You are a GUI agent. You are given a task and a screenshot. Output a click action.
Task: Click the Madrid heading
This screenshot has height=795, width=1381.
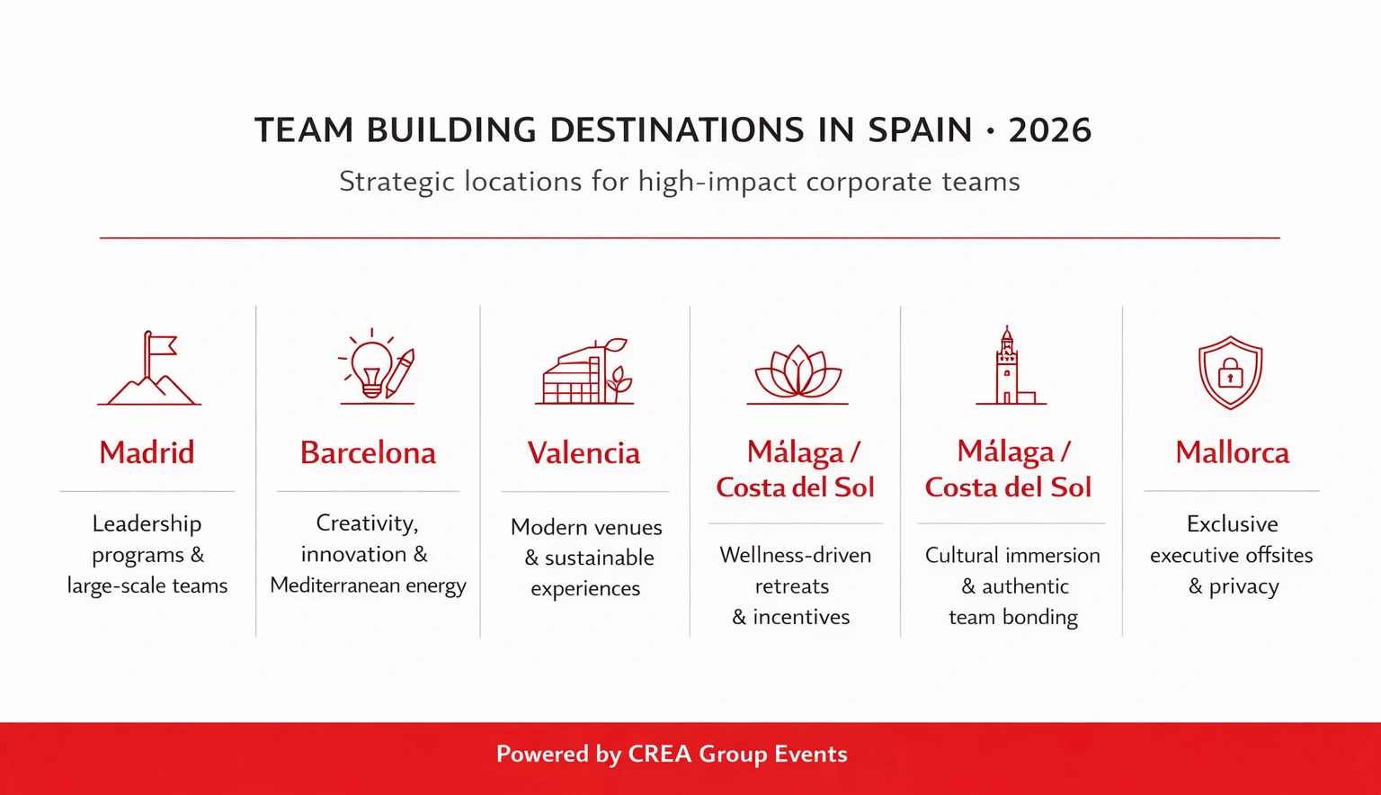pyautogui.click(x=147, y=452)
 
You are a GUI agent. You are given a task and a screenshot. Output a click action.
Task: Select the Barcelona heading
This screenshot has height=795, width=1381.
pyautogui.click(x=368, y=452)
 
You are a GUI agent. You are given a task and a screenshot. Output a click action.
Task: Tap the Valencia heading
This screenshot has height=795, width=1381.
pyautogui.click(x=584, y=452)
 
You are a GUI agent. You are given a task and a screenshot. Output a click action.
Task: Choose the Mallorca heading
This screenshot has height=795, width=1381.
pyautogui.click(x=1232, y=452)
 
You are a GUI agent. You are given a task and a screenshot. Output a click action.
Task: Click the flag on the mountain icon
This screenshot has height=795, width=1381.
pyautogui.click(x=161, y=345)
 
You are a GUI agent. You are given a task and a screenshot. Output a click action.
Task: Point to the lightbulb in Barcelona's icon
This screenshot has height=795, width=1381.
pyautogui.click(x=371, y=367)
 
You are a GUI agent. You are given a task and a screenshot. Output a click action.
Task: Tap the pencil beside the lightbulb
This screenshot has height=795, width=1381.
pyautogui.click(x=400, y=372)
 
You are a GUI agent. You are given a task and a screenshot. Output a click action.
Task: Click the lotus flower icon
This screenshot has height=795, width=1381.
pyautogui.click(x=797, y=371)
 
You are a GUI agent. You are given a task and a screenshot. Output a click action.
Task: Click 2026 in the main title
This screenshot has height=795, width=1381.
pyautogui.click(x=1049, y=131)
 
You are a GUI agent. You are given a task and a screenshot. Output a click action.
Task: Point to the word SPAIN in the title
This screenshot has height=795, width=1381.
pyautogui.click(x=920, y=131)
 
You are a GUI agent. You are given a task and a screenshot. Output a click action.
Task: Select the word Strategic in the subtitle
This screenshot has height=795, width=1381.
pyautogui.click(x=396, y=183)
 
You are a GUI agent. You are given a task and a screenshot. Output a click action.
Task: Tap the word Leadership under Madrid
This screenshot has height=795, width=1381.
pyautogui.click(x=147, y=523)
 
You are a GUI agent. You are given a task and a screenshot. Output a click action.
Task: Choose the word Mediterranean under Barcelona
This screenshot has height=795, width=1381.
pyautogui.click(x=334, y=585)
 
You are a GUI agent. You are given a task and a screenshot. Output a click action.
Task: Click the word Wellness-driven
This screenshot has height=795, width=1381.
pyautogui.click(x=796, y=555)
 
